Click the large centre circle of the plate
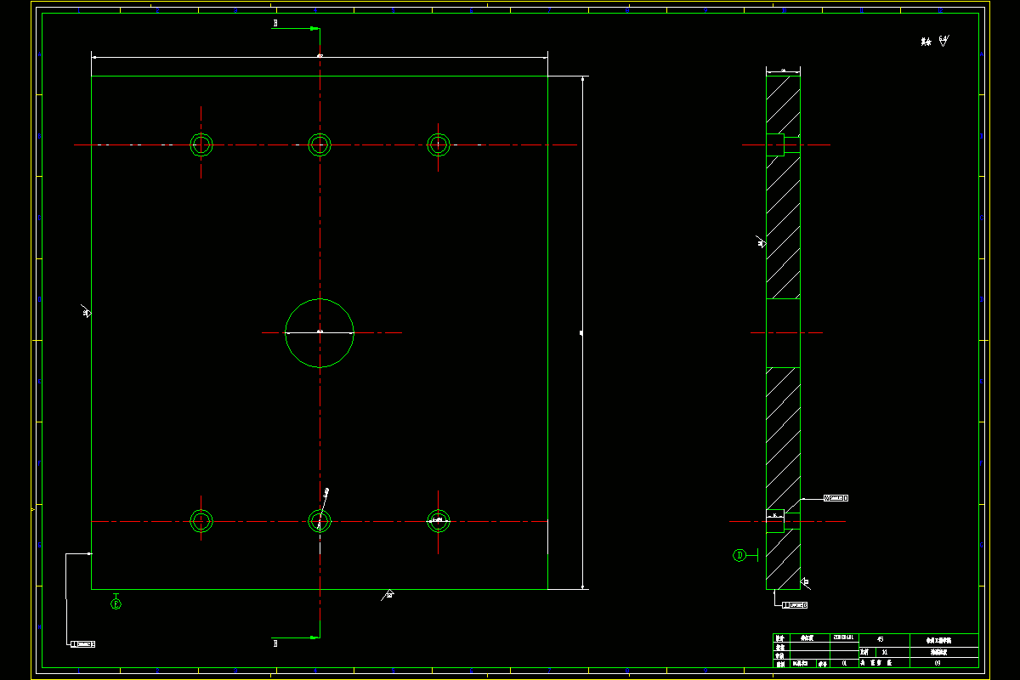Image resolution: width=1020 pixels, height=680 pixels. (320, 333)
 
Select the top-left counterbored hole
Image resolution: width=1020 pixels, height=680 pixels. (201, 144)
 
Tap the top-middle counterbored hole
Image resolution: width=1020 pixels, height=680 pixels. (320, 144)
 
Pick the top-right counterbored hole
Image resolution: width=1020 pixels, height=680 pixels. (438, 144)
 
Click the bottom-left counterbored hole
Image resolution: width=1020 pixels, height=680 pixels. (201, 520)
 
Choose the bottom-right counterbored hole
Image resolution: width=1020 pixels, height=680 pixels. (438, 520)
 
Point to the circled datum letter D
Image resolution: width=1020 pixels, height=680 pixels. (739, 555)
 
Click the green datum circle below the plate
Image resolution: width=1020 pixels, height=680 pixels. (116, 604)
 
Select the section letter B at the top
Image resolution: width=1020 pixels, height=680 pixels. (275, 24)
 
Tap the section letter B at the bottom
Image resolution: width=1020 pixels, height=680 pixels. (275, 643)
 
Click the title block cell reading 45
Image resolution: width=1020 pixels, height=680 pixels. (880, 638)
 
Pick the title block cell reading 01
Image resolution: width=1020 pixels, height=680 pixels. (844, 662)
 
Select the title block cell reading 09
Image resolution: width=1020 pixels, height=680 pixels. (938, 662)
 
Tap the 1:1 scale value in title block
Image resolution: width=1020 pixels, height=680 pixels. (885, 652)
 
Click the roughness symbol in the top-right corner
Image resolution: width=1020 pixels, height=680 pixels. (943, 41)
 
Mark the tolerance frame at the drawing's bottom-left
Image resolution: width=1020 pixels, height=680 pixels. (82, 644)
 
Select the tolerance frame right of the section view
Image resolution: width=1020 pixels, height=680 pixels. (836, 498)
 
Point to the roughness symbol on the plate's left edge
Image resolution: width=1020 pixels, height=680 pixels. (86, 312)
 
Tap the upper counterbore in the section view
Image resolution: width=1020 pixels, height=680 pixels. (775, 144)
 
